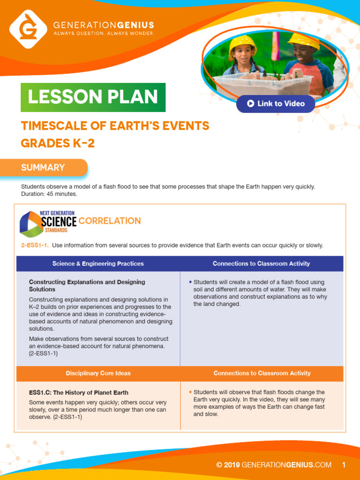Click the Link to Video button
click(x=276, y=104)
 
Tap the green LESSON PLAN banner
click(x=93, y=97)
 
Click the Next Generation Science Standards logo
click(x=48, y=222)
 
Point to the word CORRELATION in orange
click(x=110, y=221)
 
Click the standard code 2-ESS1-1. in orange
click(x=35, y=245)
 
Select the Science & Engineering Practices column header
click(x=98, y=263)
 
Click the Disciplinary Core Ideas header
click(x=98, y=373)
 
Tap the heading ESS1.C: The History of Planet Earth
click(x=79, y=392)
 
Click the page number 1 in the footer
click(x=344, y=465)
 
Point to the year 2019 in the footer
click(x=232, y=465)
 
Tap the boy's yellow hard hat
click(x=304, y=40)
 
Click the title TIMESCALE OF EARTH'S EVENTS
click(x=115, y=126)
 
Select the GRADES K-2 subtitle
click(x=58, y=143)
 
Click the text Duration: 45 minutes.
click(x=49, y=194)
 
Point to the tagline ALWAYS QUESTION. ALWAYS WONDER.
click(x=104, y=34)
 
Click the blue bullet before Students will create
click(x=190, y=282)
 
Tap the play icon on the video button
click(x=251, y=104)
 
